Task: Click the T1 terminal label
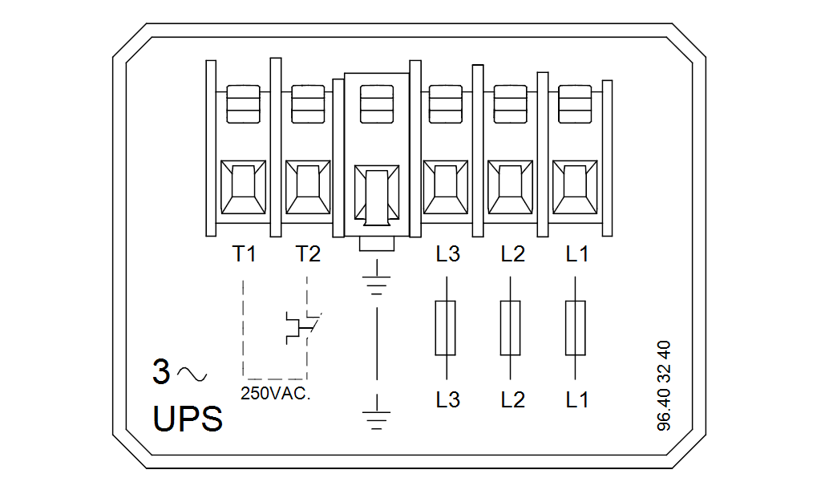[x=245, y=253]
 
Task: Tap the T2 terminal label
[x=308, y=253]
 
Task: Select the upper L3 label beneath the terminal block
[x=448, y=253]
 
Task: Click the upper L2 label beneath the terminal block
[x=513, y=253]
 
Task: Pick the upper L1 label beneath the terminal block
[x=576, y=253]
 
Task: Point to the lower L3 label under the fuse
[x=448, y=399]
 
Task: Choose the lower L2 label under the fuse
[x=513, y=399]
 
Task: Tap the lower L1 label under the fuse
[x=576, y=399]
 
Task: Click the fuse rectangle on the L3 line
[x=446, y=328]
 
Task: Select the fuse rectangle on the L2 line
[x=510, y=328]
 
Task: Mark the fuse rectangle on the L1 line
[x=575, y=328]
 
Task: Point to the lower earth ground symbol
[x=377, y=412]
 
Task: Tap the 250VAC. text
[x=276, y=393]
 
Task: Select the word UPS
[x=188, y=419]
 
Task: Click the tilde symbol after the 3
[x=192, y=375]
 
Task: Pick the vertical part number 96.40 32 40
[x=664, y=386]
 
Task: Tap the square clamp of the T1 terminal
[x=243, y=187]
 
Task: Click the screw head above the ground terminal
[x=377, y=104]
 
